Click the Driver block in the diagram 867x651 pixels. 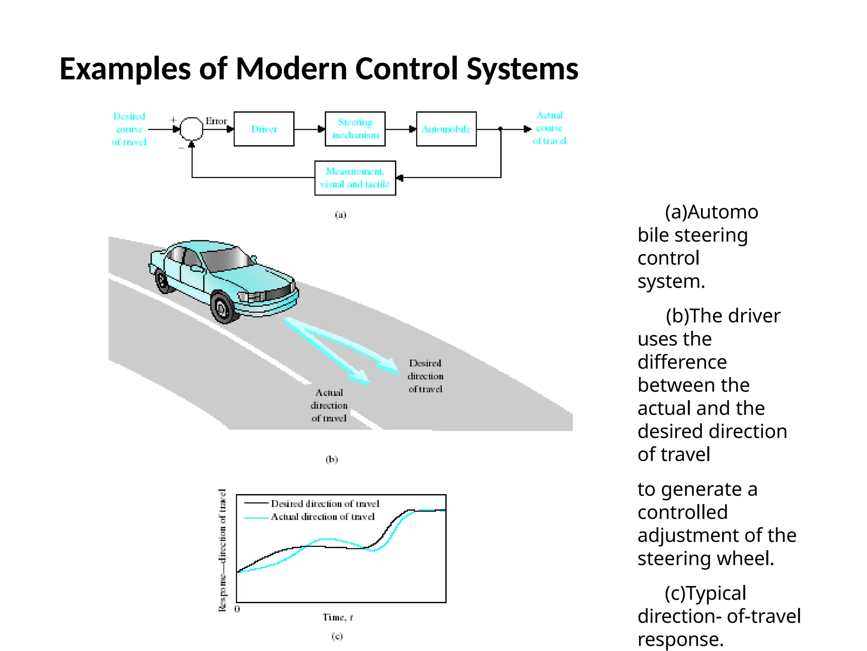pyautogui.click(x=264, y=129)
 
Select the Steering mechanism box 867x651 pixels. pyautogui.click(x=355, y=129)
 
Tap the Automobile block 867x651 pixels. pyautogui.click(x=446, y=129)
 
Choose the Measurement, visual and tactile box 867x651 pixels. pyautogui.click(x=355, y=178)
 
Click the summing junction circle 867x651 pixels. pyautogui.click(x=191, y=128)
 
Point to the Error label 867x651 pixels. pyautogui.click(x=216, y=121)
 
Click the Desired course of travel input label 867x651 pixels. pyautogui.click(x=129, y=129)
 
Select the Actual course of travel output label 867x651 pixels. pyautogui.click(x=549, y=128)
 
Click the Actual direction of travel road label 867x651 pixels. pyautogui.click(x=329, y=405)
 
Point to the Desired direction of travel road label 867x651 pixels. pyautogui.click(x=425, y=376)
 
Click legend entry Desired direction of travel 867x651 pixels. pyautogui.click(x=325, y=504)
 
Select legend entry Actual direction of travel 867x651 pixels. pyautogui.click(x=323, y=517)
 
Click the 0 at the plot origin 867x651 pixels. pyautogui.click(x=237, y=609)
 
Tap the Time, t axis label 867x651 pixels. pyautogui.click(x=337, y=618)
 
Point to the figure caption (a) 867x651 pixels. pyautogui.click(x=340, y=215)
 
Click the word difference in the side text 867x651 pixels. pyautogui.click(x=682, y=362)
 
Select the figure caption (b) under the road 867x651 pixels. pyautogui.click(x=331, y=459)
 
